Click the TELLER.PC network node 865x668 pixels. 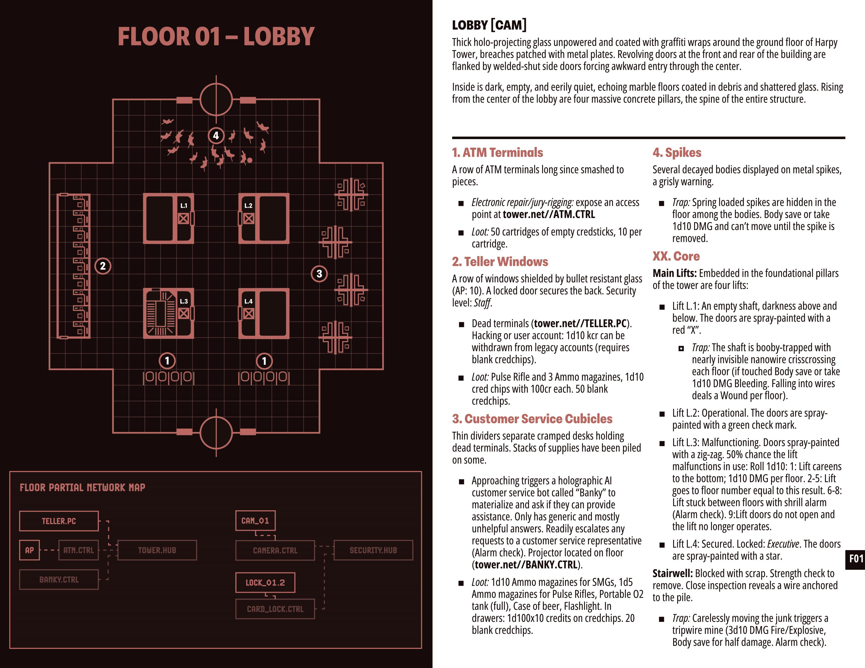tap(59, 521)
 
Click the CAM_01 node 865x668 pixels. tap(255, 521)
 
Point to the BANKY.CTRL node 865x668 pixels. tap(59, 579)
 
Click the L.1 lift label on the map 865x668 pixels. tap(184, 205)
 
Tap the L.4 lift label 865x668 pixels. tap(248, 301)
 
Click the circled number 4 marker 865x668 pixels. tap(216, 136)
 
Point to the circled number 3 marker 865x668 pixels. tap(319, 274)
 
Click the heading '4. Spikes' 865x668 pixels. tap(677, 152)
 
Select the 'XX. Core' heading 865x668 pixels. tap(676, 256)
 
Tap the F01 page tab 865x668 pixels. tap(856, 559)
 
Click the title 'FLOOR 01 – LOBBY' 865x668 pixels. tap(216, 36)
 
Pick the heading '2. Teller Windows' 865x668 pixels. tap(500, 262)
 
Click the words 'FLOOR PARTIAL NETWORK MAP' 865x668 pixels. tap(82, 488)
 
